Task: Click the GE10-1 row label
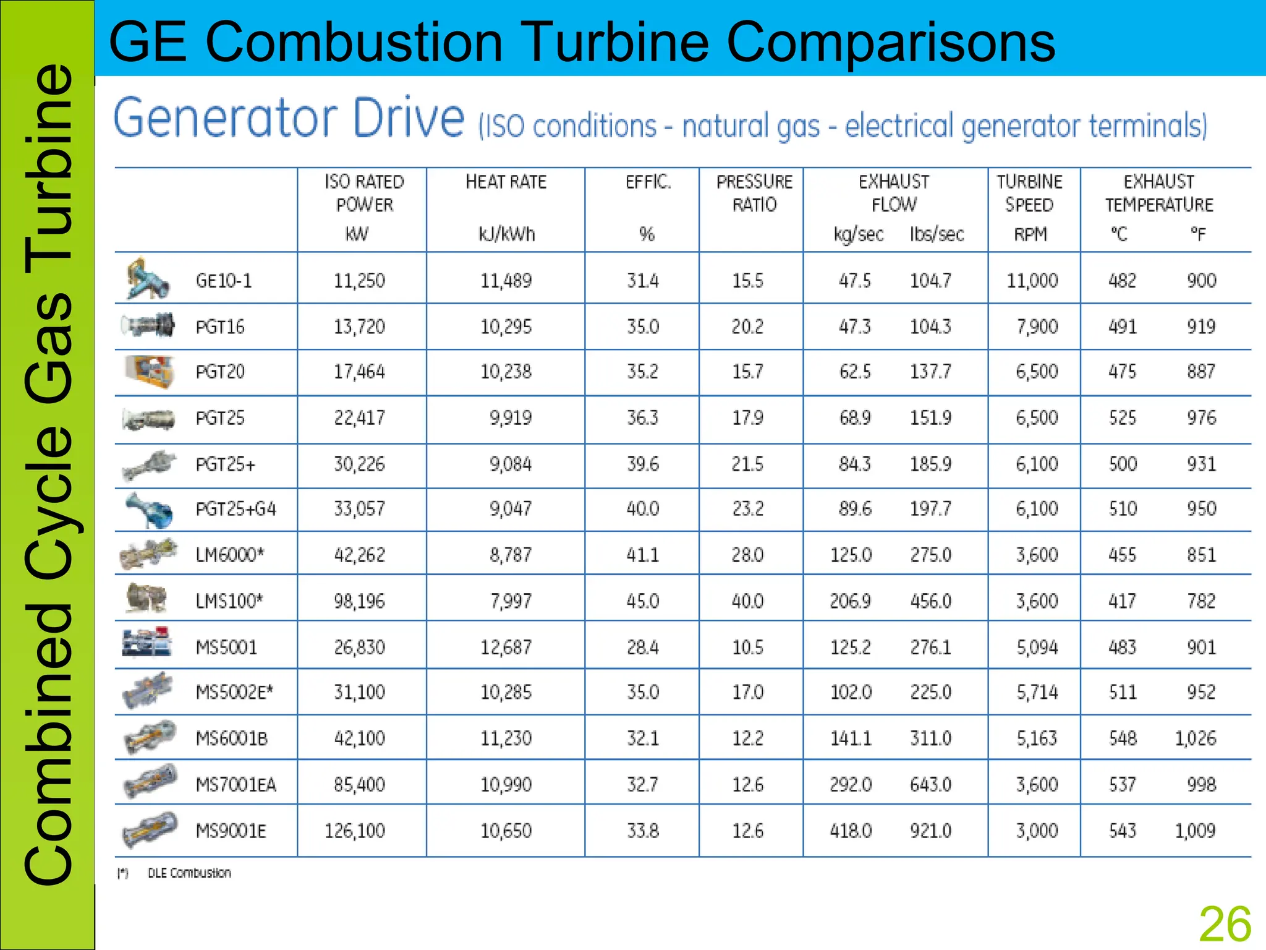[x=224, y=281]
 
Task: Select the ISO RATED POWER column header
[x=364, y=193]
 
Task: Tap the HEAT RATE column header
[x=506, y=182]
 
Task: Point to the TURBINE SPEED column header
[x=1029, y=193]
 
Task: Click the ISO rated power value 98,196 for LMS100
[x=359, y=601]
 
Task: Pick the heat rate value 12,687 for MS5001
[x=506, y=647]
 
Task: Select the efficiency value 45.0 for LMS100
[x=642, y=601]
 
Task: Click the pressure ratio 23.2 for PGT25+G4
[x=747, y=508]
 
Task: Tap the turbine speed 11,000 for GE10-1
[x=1032, y=281]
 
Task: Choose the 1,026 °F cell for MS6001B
[x=1195, y=738]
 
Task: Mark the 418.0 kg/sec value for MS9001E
[x=851, y=831]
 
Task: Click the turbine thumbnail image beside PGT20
[x=148, y=371]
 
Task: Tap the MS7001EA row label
[x=236, y=785]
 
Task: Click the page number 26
[x=1225, y=925]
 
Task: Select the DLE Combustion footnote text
[x=189, y=873]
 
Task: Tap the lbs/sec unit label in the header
[x=937, y=234]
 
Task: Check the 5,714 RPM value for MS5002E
[x=1037, y=691]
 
